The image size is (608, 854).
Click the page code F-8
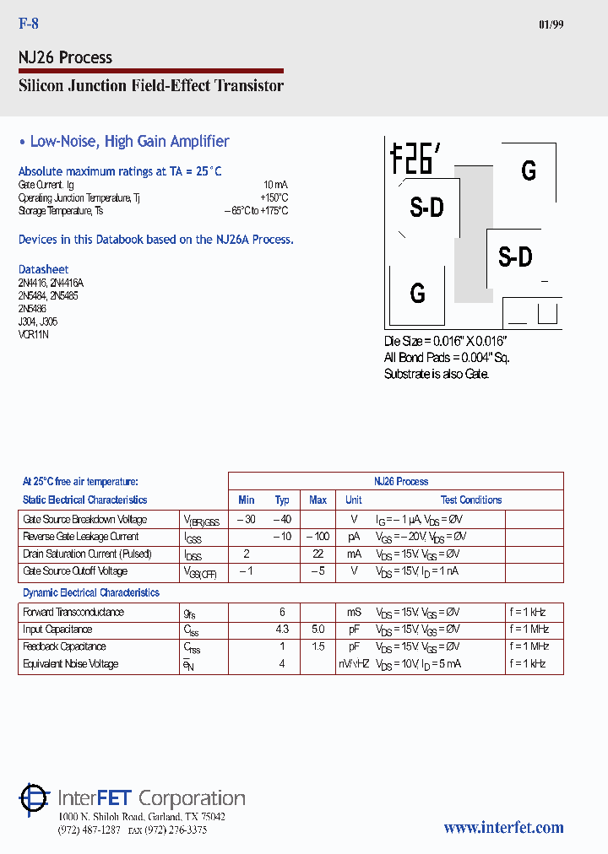(29, 24)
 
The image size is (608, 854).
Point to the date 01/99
(551, 24)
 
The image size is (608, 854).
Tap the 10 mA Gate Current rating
(275, 185)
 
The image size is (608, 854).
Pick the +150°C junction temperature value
(274, 197)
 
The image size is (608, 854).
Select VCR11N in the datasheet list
(34, 334)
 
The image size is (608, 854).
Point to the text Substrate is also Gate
(436, 373)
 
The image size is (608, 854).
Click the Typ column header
(282, 500)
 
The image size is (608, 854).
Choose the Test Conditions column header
(470, 500)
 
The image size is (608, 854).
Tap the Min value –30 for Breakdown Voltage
(246, 520)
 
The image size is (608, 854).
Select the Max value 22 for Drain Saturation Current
(318, 554)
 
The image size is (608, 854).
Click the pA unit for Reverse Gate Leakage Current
(353, 537)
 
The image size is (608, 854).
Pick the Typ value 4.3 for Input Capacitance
(282, 630)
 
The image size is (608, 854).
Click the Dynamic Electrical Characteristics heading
(91, 592)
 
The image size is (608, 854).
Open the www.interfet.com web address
(503, 828)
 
